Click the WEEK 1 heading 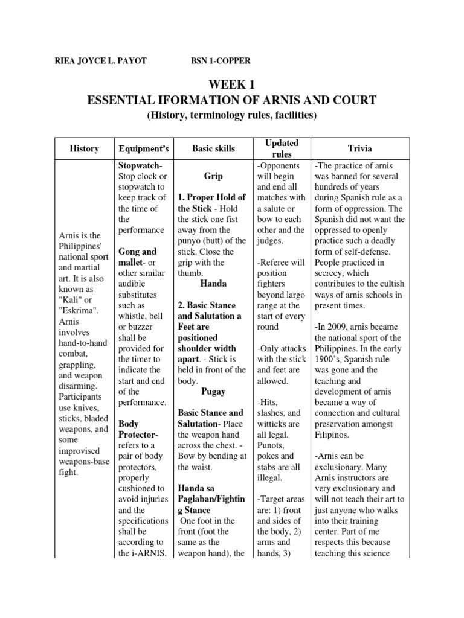click(x=232, y=85)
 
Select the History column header click(x=84, y=148)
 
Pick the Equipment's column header click(x=144, y=148)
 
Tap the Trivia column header click(x=360, y=148)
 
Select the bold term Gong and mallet click(x=138, y=257)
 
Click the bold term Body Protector click(x=137, y=430)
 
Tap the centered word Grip click(x=213, y=176)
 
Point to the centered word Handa click(x=213, y=283)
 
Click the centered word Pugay click(x=213, y=391)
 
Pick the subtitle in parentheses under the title click(x=232, y=115)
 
